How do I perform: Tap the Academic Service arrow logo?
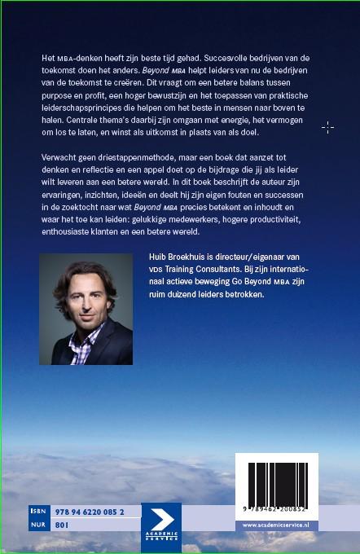[x=160, y=526]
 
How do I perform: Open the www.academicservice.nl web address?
[x=277, y=525]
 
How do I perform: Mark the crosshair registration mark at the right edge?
[x=327, y=127]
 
